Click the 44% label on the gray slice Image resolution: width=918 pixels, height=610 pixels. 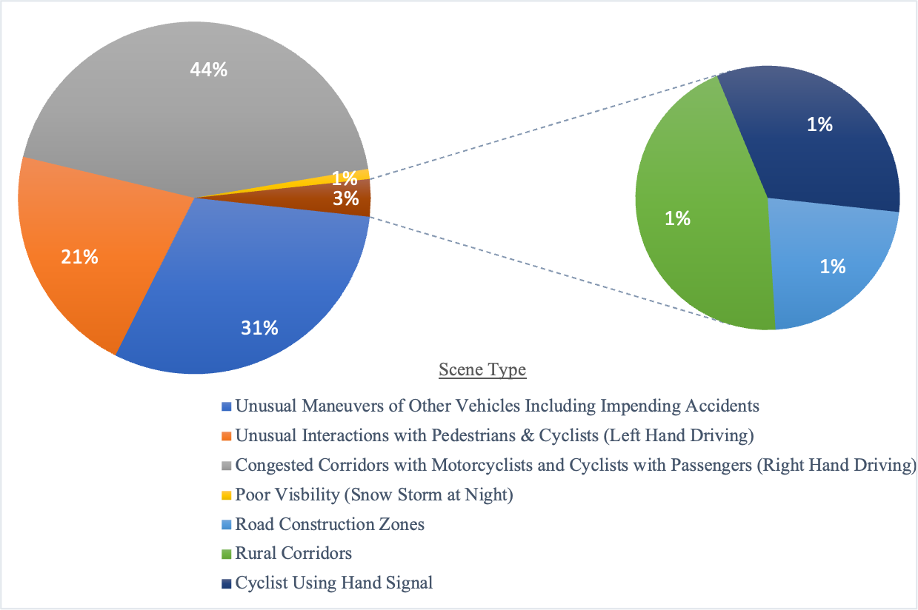[209, 70]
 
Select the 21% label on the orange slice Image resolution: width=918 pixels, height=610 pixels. [79, 258]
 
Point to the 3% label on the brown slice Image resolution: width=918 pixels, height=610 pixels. [345, 198]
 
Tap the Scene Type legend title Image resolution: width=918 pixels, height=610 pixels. [482, 369]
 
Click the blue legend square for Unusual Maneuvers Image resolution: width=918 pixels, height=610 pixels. [227, 406]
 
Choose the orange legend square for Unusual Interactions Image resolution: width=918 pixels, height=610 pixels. [227, 436]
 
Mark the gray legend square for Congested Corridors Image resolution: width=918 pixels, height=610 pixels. [227, 466]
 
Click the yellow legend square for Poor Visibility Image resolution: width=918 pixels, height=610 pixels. [227, 495]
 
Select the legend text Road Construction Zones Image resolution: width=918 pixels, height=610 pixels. [330, 524]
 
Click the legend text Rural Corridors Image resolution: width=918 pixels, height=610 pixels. [293, 553]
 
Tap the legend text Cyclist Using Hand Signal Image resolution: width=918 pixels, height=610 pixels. [333, 583]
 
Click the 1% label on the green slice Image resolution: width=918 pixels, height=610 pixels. [678, 218]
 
